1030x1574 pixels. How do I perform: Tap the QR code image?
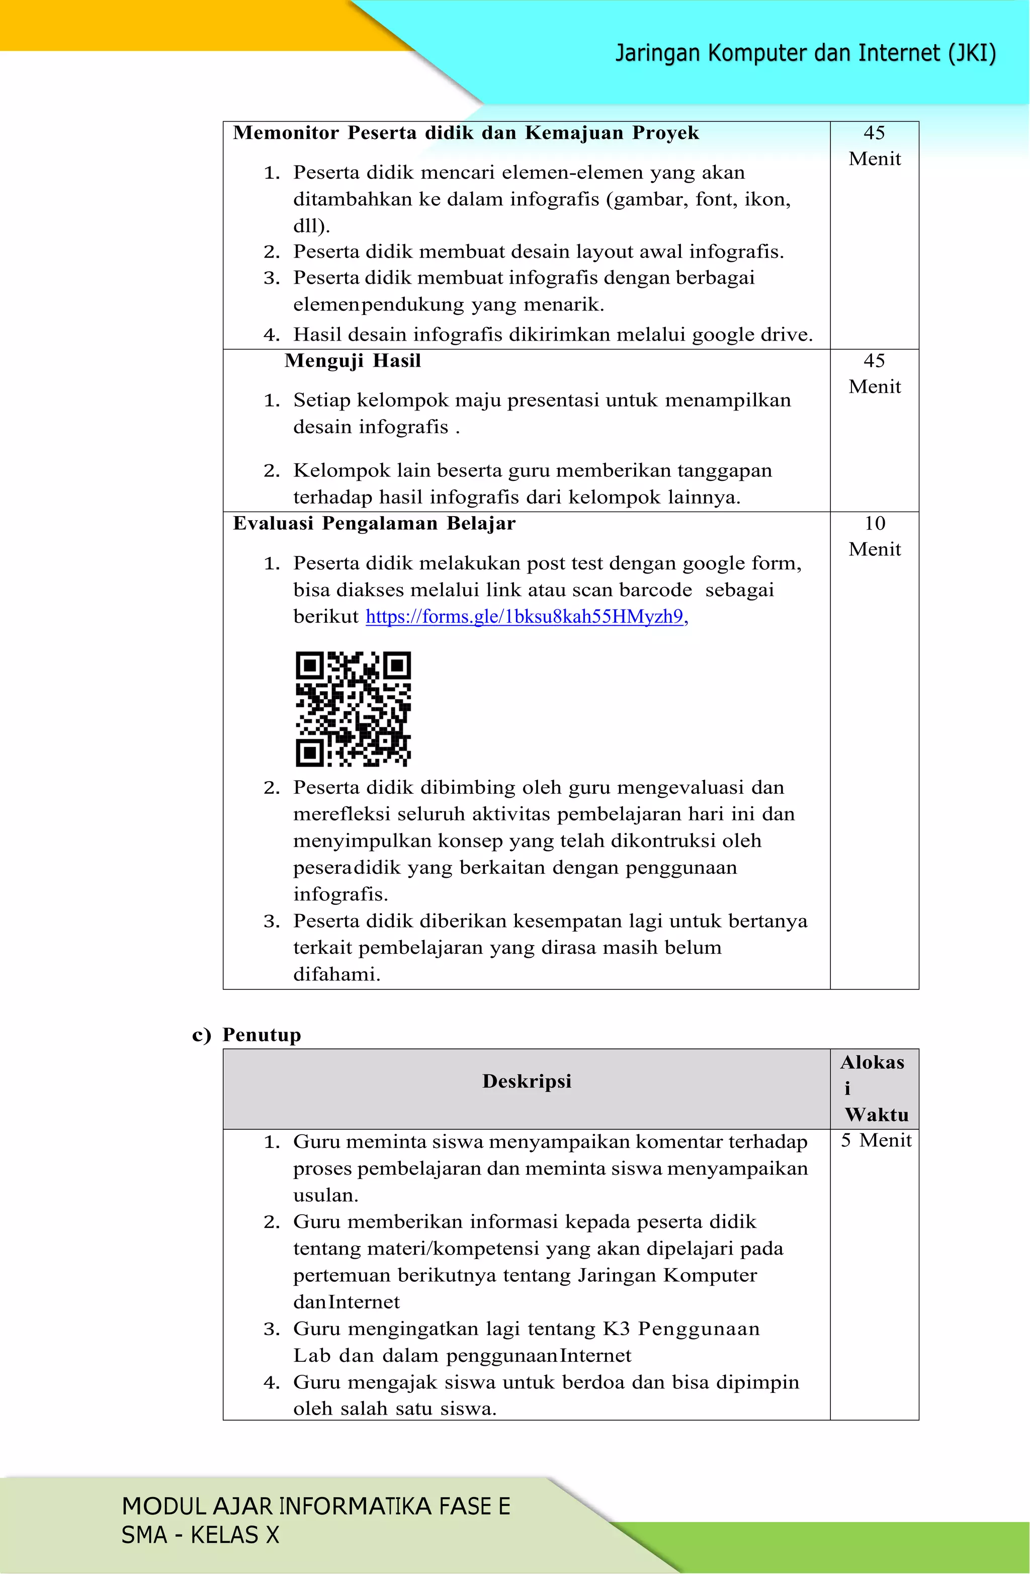click(353, 709)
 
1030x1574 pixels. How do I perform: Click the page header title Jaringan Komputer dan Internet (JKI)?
click(805, 53)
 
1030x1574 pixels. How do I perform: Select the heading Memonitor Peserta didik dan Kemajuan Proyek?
click(465, 133)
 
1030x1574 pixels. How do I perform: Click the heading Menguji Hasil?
click(353, 361)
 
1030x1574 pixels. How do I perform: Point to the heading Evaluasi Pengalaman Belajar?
click(374, 524)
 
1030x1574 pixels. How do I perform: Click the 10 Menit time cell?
click(874, 536)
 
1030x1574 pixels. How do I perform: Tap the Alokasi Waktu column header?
click(874, 1088)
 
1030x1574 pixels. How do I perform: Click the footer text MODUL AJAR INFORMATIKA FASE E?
click(316, 1506)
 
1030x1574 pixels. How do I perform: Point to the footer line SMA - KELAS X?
click(200, 1535)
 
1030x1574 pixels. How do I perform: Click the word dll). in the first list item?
click(311, 226)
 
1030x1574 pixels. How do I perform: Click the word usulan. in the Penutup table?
click(325, 1195)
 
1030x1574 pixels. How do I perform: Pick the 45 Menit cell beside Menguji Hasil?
click(874, 374)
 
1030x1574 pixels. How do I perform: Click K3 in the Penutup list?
click(616, 1329)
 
